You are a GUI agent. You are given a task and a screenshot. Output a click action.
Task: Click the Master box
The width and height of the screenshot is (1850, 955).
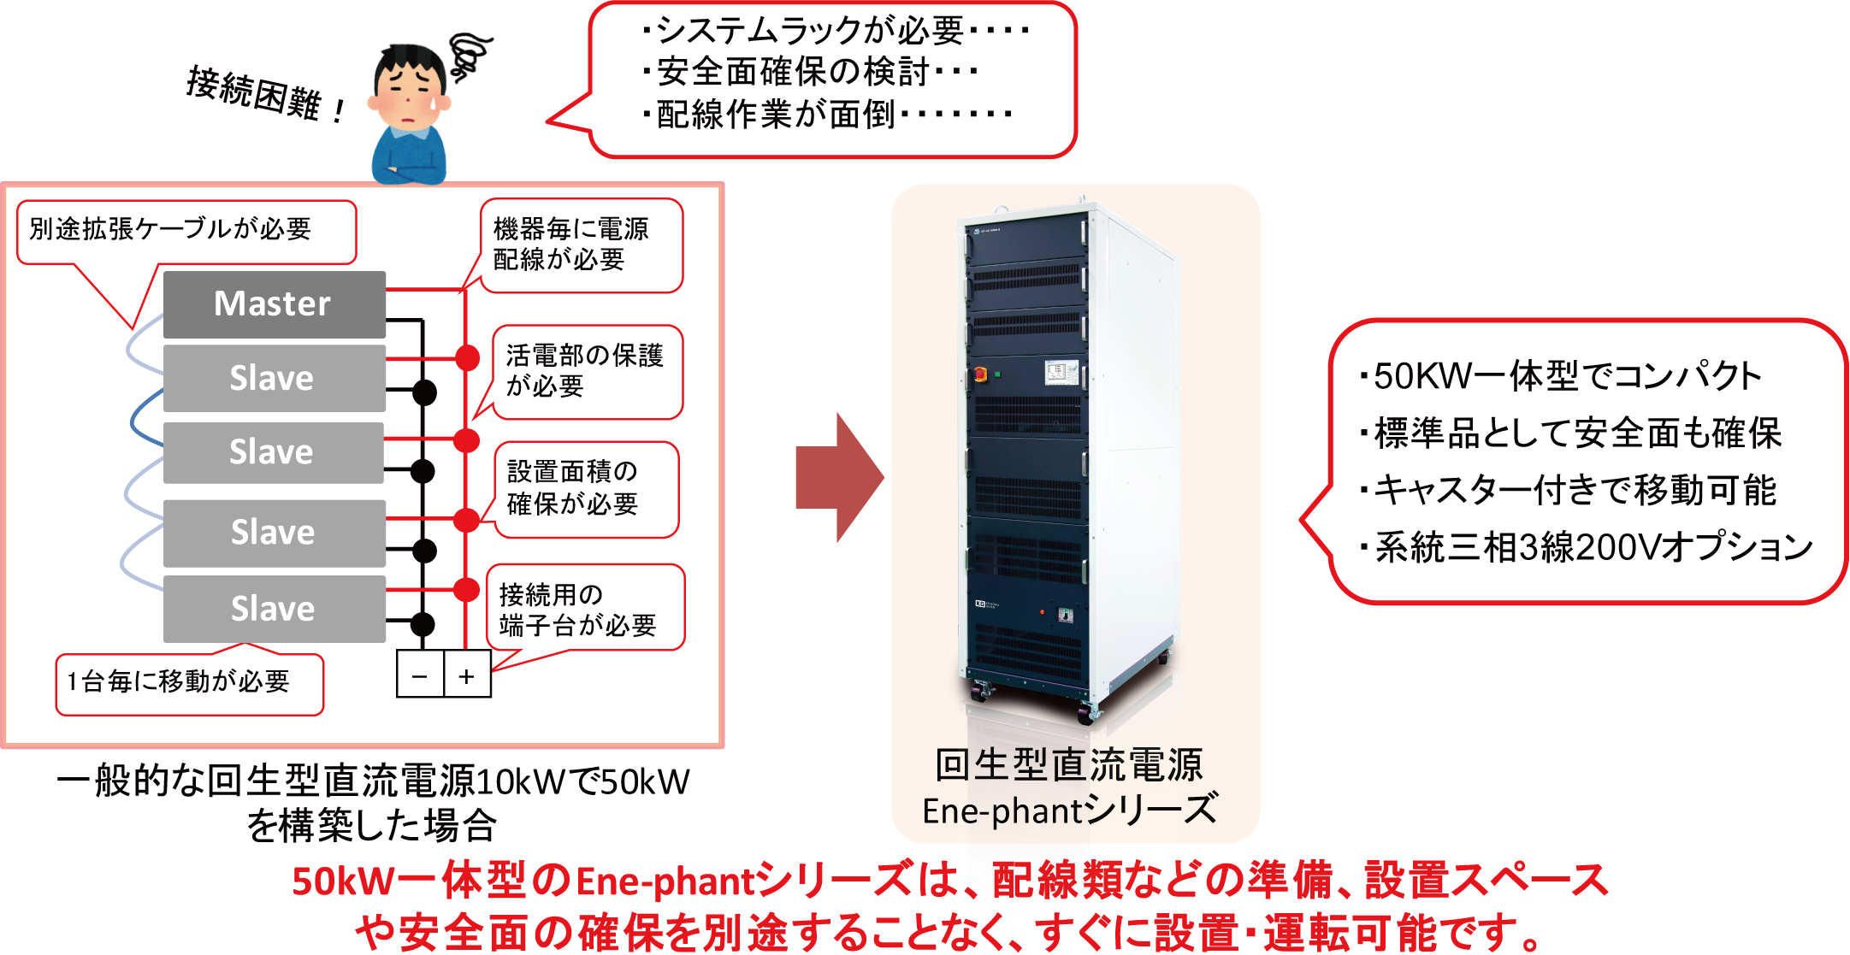click(274, 304)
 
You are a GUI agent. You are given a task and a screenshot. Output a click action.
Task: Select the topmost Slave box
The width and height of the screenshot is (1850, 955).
click(274, 378)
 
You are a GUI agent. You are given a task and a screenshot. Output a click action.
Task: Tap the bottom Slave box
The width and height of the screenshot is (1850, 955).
click(274, 609)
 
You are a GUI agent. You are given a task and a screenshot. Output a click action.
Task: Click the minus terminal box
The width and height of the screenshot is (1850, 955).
click(420, 675)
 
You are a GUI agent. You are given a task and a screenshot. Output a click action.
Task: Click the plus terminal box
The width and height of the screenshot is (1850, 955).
click(467, 675)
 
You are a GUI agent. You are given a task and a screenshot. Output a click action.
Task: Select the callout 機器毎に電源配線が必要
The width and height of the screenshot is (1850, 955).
click(582, 245)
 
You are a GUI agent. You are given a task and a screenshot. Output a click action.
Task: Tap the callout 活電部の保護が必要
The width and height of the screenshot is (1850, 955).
click(587, 371)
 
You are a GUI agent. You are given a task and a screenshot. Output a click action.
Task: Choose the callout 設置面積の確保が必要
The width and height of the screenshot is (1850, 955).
click(586, 488)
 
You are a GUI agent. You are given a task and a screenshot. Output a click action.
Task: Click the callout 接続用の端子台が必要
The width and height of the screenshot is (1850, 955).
click(586, 609)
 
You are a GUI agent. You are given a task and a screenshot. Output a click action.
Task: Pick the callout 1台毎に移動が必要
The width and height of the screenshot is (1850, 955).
click(189, 683)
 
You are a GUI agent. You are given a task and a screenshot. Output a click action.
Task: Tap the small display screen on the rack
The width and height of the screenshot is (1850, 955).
click(1059, 371)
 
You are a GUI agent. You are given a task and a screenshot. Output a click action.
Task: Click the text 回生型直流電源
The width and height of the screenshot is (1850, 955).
click(1069, 764)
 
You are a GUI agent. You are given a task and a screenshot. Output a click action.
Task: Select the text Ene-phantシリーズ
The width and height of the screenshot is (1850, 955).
click(1069, 810)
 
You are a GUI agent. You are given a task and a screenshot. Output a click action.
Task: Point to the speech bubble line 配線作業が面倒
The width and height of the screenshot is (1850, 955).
click(825, 115)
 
